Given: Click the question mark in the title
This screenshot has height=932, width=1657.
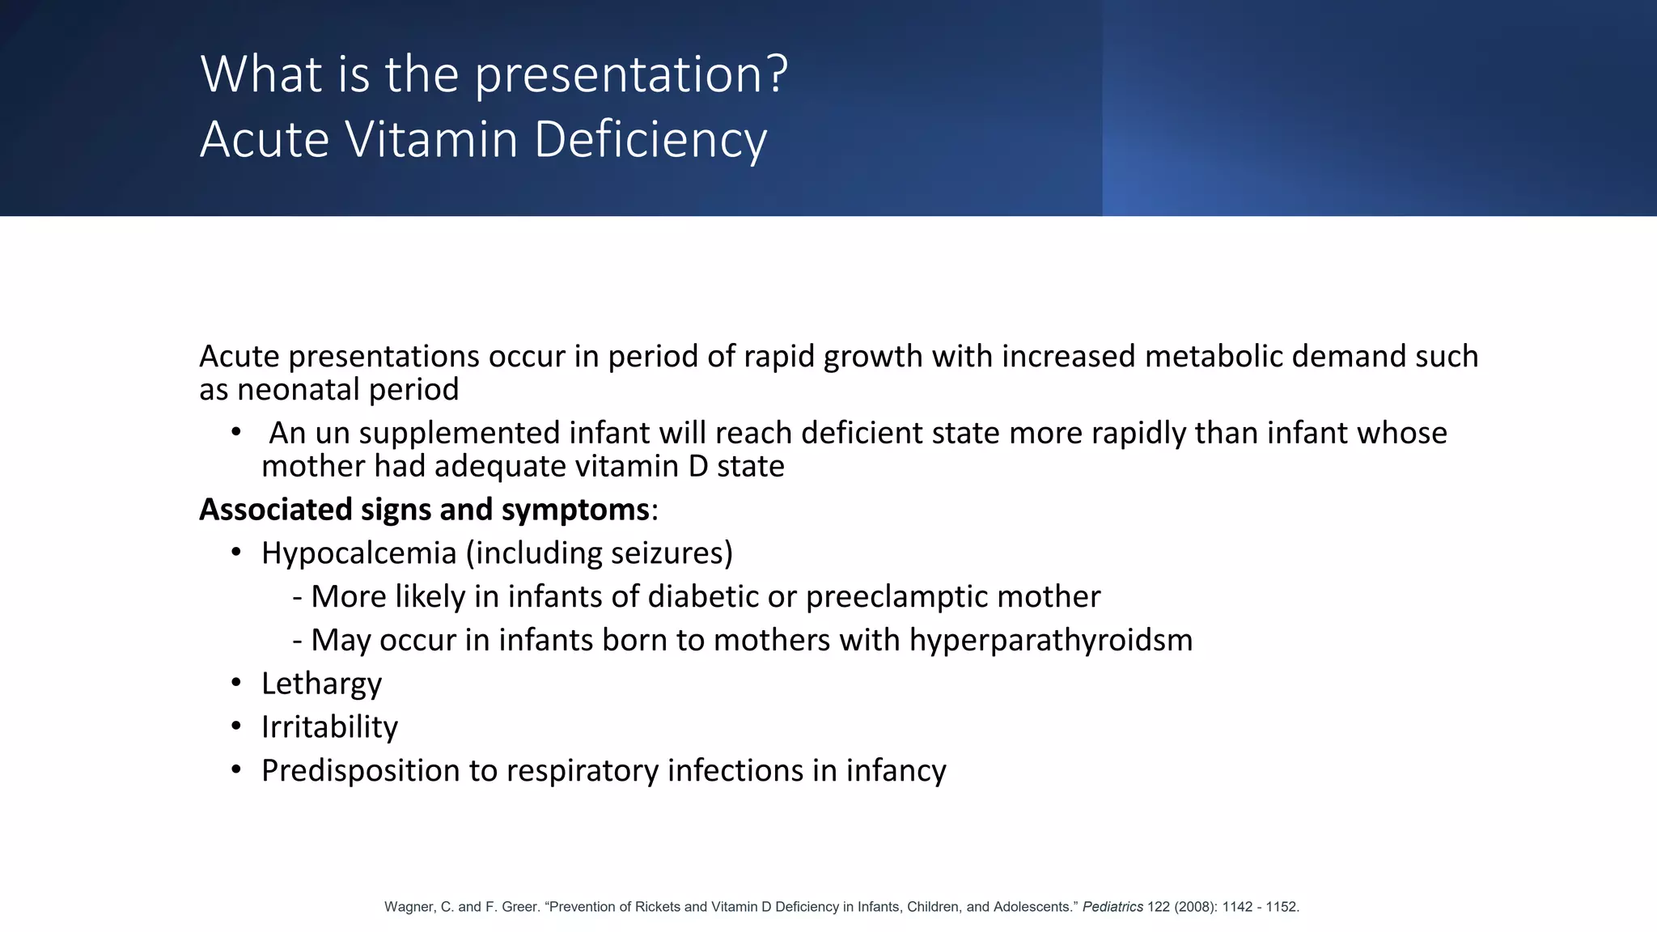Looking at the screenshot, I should click(x=778, y=74).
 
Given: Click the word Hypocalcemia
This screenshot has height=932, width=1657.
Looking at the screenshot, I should click(x=358, y=553).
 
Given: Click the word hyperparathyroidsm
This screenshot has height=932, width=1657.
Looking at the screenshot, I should click(x=1051, y=641).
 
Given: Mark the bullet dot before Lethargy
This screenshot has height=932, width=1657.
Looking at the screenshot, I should click(x=236, y=683).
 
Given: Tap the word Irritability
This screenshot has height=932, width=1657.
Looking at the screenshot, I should click(x=329, y=727).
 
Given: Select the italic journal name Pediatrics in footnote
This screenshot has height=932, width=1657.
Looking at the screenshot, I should click(x=1112, y=907).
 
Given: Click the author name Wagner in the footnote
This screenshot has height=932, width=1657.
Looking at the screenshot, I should click(x=409, y=907).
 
